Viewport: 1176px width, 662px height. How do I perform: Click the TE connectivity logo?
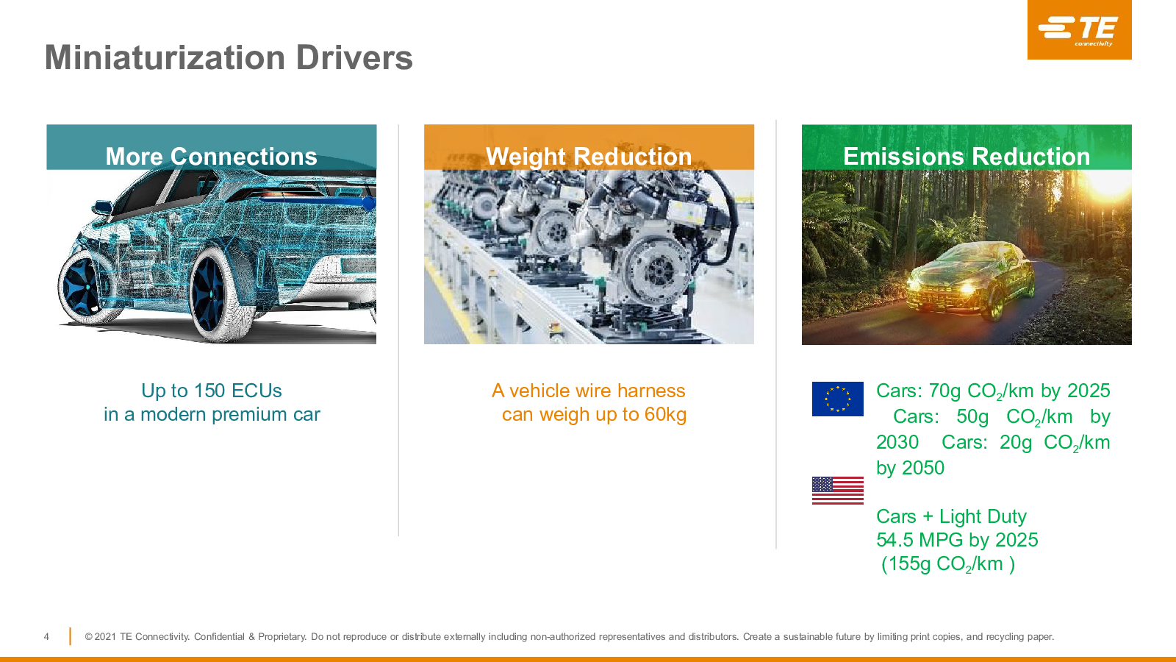click(1079, 29)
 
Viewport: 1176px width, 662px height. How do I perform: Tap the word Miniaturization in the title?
click(165, 57)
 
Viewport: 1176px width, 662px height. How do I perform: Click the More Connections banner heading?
click(211, 157)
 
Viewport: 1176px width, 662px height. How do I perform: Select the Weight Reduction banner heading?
click(589, 157)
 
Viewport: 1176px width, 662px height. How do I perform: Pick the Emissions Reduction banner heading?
click(967, 157)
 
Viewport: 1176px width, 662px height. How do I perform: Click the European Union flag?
click(837, 399)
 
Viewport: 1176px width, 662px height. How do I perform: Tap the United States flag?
click(837, 491)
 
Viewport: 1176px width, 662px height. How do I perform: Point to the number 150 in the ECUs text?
click(210, 391)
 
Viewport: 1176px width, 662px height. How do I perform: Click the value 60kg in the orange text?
click(665, 415)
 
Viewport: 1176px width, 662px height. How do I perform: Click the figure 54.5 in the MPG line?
click(894, 540)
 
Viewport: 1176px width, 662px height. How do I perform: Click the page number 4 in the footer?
click(46, 637)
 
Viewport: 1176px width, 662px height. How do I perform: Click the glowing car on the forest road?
click(970, 280)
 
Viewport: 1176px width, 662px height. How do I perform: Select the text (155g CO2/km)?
click(947, 564)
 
